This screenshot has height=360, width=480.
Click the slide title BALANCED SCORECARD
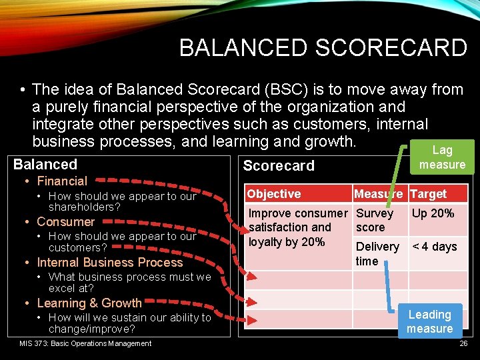[323, 48]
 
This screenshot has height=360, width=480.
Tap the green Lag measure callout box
[442, 157]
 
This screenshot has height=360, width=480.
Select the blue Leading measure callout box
[429, 321]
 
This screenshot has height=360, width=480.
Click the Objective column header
[274, 194]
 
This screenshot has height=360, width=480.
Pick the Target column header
[429, 194]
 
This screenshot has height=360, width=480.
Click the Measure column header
[378, 194]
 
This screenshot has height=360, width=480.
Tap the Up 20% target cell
[433, 213]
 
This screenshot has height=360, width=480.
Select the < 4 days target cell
[435, 247]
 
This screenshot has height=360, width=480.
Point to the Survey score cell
[374, 220]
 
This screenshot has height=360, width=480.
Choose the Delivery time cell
[377, 253]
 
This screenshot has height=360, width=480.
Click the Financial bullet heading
[62, 181]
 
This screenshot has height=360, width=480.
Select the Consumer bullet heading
[65, 222]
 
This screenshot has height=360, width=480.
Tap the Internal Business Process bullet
[109, 263]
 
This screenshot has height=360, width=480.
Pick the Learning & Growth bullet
[89, 303]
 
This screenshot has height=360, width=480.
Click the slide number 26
[463, 344]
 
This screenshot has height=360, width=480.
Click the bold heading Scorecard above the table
[278, 166]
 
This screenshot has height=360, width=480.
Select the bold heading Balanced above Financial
[45, 165]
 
